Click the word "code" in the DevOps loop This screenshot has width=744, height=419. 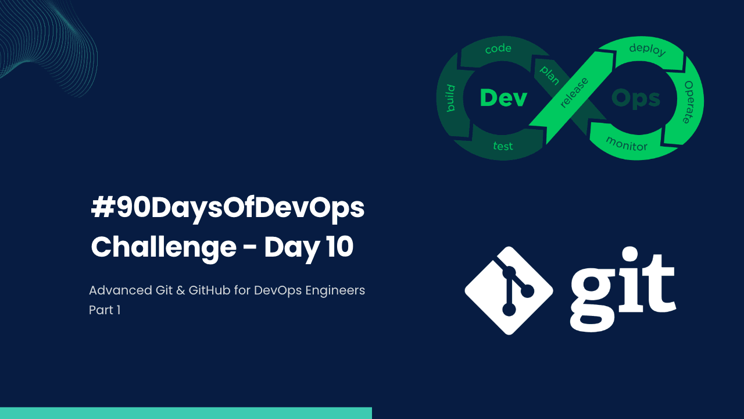coord(498,49)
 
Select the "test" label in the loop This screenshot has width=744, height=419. coord(503,146)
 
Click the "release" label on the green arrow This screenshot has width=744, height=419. coord(574,93)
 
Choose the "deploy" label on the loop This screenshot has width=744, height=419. coord(647,49)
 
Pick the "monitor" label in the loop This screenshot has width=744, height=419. coord(626,143)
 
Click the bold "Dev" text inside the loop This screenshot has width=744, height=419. coord(503,98)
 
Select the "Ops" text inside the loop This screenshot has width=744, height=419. coord(636,98)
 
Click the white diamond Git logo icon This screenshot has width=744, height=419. coord(509,290)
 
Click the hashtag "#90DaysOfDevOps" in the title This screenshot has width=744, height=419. coord(228,209)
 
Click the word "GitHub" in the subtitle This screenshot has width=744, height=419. coord(209,290)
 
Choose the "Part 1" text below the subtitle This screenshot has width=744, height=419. coord(105,310)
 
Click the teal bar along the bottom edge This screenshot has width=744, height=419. coord(186,413)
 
